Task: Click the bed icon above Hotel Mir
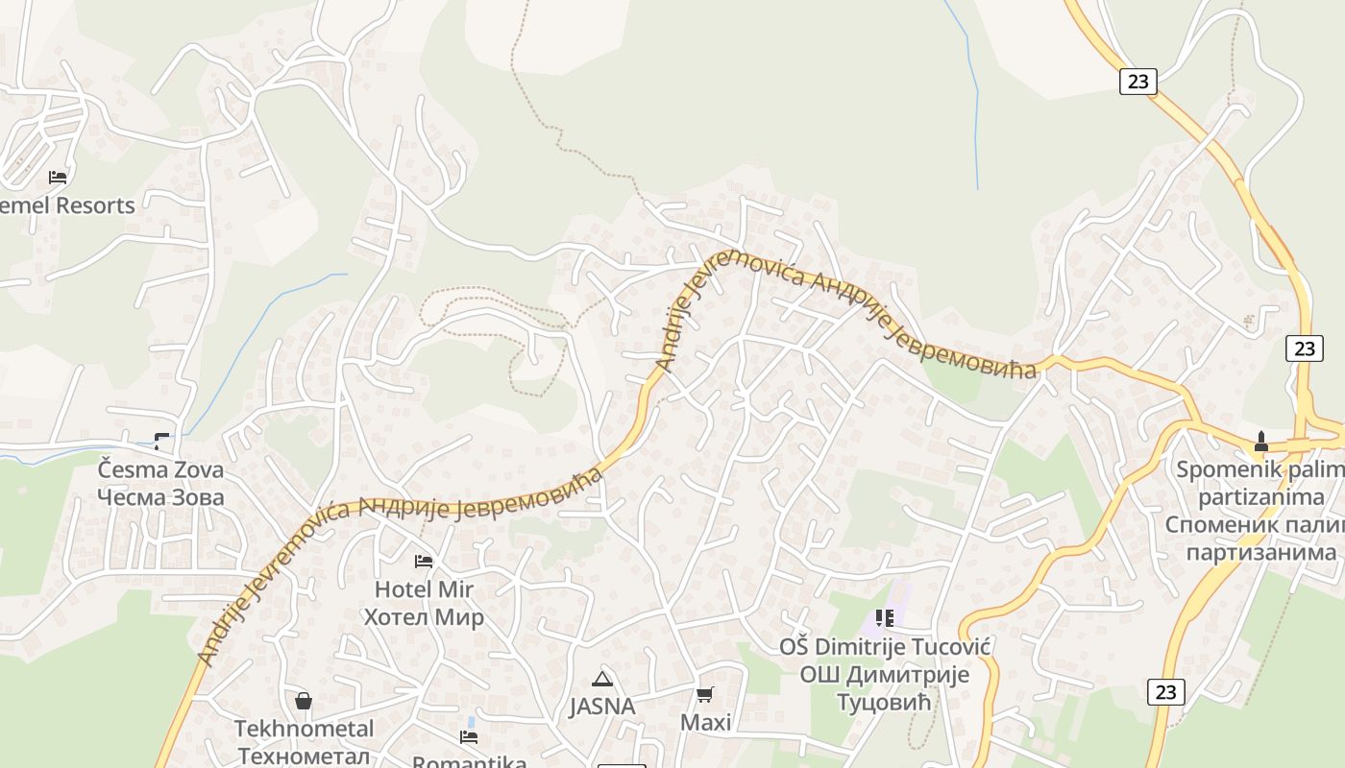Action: pos(423,561)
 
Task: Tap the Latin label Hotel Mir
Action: pos(424,588)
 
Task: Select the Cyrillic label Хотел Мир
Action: pos(424,616)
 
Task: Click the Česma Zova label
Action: pos(160,469)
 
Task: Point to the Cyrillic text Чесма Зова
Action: pos(160,496)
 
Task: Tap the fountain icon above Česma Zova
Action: pos(161,441)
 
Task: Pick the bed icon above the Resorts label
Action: pos(58,177)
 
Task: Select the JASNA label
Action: pos(602,707)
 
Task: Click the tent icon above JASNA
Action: pos(602,680)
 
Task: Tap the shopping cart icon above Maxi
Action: pos(705,694)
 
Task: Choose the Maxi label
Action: pos(705,722)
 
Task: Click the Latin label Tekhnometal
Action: pos(304,729)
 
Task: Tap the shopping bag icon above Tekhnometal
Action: pos(304,701)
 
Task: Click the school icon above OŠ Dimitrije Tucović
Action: pos(884,618)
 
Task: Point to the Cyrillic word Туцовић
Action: pos(885,702)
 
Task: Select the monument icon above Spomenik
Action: pos(1261,442)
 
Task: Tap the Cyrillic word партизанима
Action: pos(1260,552)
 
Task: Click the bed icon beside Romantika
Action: pos(469,737)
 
